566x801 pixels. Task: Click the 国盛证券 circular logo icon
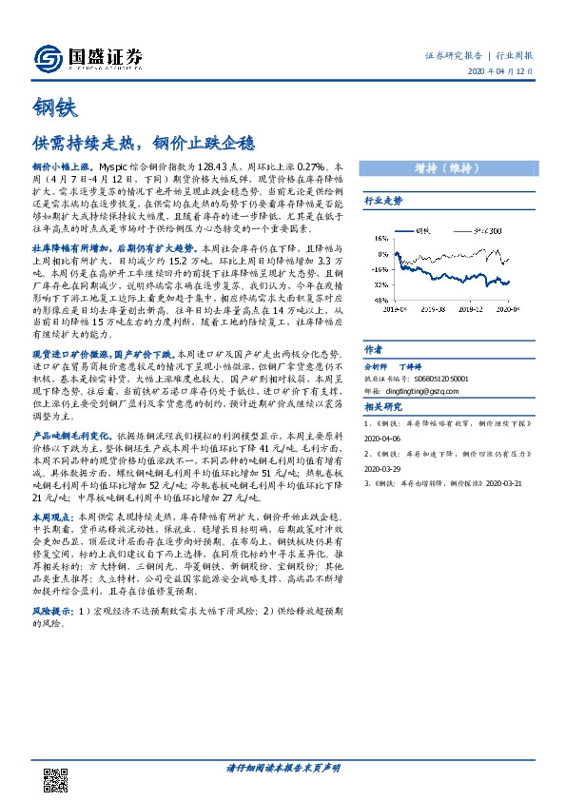tap(48, 59)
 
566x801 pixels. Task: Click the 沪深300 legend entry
tap(485, 230)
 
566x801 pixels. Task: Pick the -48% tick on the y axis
tap(380, 299)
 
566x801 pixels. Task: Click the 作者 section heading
tap(373, 349)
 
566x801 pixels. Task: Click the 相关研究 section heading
tap(382, 405)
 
